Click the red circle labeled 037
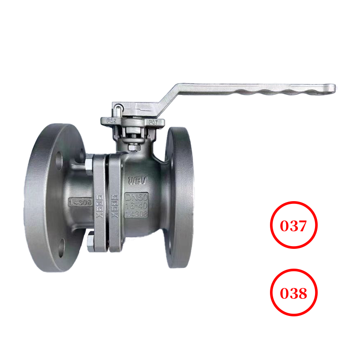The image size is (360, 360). click(294, 225)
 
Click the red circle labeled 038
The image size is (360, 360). click(294, 293)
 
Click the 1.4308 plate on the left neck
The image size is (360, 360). click(81, 202)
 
